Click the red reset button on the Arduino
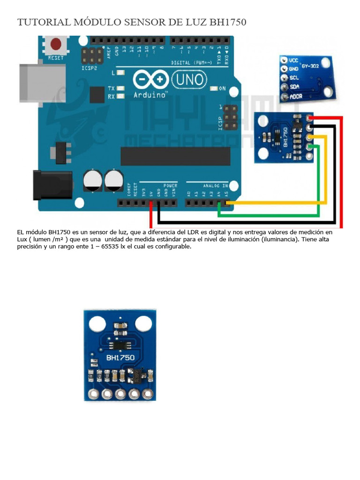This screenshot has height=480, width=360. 56,45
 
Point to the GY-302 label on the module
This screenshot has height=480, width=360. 310,66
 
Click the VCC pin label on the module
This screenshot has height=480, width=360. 294,60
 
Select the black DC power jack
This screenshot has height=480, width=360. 52,185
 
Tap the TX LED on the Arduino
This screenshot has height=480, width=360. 120,88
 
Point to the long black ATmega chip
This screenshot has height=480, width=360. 175,156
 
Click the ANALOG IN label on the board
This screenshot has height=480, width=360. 215,186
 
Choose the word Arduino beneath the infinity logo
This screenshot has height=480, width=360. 150,95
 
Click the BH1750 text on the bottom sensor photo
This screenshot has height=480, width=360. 120,358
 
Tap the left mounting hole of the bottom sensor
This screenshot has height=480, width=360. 97,323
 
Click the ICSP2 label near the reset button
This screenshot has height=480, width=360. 90,67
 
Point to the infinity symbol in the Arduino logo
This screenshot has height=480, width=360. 150,80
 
